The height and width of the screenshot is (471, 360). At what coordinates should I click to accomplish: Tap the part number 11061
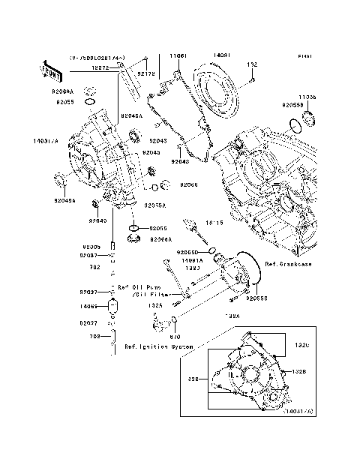(x=176, y=55)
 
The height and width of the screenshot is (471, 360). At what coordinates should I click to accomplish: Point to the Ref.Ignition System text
(x=159, y=347)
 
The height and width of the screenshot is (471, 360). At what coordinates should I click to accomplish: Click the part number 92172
(x=148, y=73)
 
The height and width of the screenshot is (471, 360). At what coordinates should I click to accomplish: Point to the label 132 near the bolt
(x=253, y=65)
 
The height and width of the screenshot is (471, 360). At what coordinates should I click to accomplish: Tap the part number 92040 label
(x=97, y=221)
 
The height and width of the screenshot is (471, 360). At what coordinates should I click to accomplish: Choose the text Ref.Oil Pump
(x=139, y=288)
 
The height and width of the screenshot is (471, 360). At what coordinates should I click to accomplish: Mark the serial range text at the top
(x=98, y=57)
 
